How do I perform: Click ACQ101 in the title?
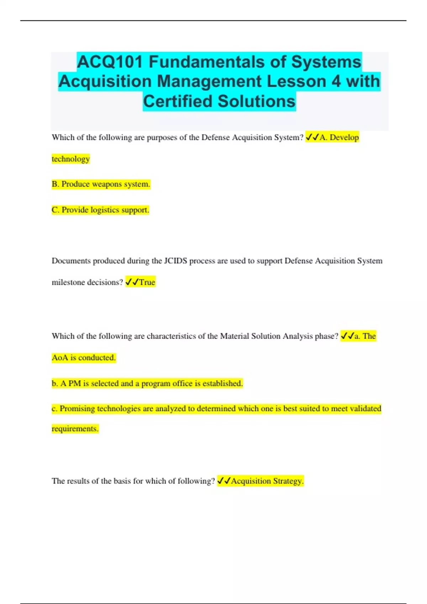click(x=110, y=62)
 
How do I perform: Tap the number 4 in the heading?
click(x=336, y=81)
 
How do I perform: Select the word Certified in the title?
click(x=178, y=101)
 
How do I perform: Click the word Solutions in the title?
click(x=257, y=101)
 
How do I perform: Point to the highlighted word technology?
click(x=70, y=159)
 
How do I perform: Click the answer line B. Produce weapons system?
click(x=101, y=184)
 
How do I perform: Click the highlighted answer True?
click(x=147, y=282)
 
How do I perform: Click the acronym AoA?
click(x=60, y=357)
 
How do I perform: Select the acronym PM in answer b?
click(x=75, y=383)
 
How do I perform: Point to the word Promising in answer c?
click(x=77, y=409)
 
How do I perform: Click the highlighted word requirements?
click(x=75, y=428)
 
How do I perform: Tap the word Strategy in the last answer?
click(x=288, y=481)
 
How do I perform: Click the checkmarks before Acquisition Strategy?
click(x=224, y=481)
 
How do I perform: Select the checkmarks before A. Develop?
click(x=312, y=137)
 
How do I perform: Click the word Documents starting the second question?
click(x=71, y=261)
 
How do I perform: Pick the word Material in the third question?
click(x=234, y=336)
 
